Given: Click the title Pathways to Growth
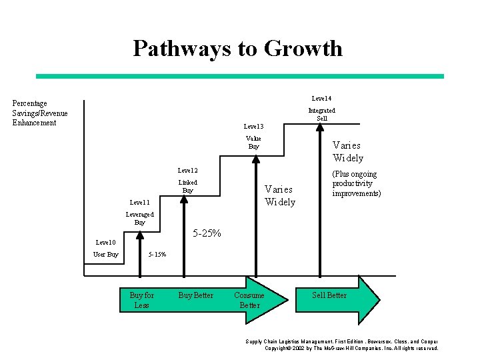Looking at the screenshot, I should [x=237, y=49].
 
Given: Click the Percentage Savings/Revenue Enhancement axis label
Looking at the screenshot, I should [x=39, y=113].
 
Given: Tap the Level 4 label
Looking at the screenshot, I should [x=321, y=99].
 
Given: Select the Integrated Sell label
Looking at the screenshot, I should [x=321, y=114].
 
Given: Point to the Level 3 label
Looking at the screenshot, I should [x=253, y=126].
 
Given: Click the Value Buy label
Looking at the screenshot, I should [x=253, y=142].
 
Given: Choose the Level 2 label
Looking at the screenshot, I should [x=187, y=171].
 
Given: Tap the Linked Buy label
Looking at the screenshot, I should [x=187, y=186].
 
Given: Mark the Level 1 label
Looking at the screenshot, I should [x=140, y=202].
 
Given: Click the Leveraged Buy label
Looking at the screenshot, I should [x=139, y=218].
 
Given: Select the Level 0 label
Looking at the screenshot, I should [x=106, y=242].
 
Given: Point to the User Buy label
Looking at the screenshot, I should [x=106, y=254].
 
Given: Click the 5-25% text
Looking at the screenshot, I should [x=207, y=233].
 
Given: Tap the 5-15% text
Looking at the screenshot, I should [x=157, y=255].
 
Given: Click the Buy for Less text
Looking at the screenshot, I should [x=141, y=300].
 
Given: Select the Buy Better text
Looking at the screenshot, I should [x=195, y=295].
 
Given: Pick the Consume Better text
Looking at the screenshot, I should [x=249, y=300].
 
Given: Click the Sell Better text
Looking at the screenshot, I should [x=329, y=295].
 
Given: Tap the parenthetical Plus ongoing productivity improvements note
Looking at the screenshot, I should [x=357, y=183].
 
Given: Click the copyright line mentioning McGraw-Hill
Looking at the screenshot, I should [x=351, y=348].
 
